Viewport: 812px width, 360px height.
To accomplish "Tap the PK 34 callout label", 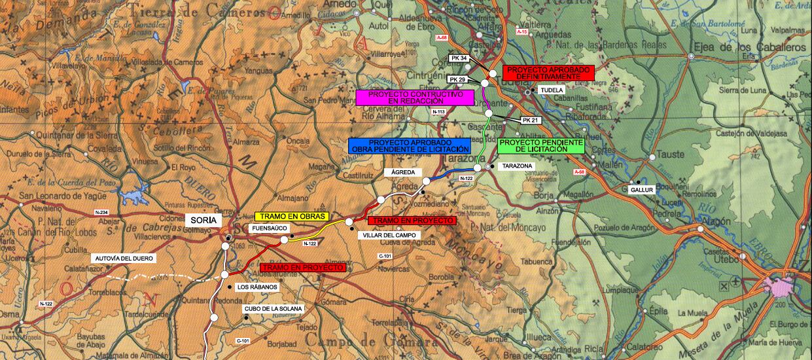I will [459, 59].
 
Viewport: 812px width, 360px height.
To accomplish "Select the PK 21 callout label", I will [531, 120].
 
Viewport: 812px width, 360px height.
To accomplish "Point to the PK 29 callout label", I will [457, 79].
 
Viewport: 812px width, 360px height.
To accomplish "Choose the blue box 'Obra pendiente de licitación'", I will [409, 145].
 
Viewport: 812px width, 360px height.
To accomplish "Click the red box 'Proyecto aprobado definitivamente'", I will [548, 73].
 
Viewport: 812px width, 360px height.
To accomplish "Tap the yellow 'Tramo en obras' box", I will [291, 217].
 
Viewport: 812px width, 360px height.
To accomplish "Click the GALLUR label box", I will [641, 189].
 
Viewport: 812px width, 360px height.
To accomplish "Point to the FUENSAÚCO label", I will [266, 228].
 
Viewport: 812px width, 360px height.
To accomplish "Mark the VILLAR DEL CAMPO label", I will [382, 235].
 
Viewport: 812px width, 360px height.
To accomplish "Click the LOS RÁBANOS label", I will [257, 287].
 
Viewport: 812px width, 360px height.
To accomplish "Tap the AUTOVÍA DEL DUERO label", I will [124, 259].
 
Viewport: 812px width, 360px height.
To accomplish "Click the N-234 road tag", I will [101, 212].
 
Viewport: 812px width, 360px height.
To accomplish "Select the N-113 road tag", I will [439, 112].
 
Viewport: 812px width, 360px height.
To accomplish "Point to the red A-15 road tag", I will [521, 32].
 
